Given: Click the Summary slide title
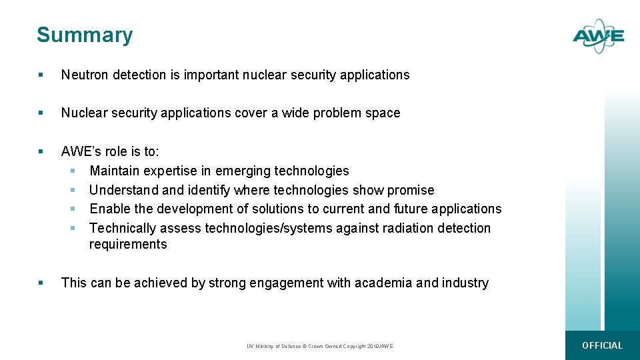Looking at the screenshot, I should pyautogui.click(x=85, y=35).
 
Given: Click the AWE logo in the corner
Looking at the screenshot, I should pyautogui.click(x=598, y=36).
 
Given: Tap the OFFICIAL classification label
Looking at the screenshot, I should pyautogui.click(x=602, y=345).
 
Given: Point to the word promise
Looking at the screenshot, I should pyautogui.click(x=411, y=191).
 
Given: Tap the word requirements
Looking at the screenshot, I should pyautogui.click(x=128, y=245).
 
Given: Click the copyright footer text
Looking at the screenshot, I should pyautogui.click(x=320, y=346).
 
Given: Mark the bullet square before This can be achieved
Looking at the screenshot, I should pyautogui.click(x=41, y=283).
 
